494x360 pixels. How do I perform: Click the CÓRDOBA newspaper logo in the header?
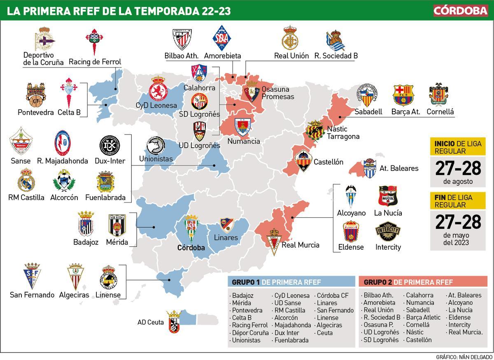461,11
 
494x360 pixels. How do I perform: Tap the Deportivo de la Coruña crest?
44,39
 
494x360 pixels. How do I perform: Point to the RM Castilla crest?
26,181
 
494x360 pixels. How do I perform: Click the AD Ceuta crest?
173,322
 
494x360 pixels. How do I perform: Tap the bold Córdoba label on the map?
191,248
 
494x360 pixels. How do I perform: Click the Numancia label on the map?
244,141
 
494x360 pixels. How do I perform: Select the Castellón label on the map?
328,162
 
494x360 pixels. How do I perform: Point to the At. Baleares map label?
398,168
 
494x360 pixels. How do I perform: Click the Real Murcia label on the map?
301,245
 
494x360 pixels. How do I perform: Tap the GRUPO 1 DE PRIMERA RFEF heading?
277,282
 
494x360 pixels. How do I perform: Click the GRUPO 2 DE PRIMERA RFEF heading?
408,282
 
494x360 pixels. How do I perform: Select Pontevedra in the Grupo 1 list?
247,310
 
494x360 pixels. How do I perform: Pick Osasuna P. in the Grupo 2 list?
378,325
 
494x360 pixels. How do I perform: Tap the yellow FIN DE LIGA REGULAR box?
457,201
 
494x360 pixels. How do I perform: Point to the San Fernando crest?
32,275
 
